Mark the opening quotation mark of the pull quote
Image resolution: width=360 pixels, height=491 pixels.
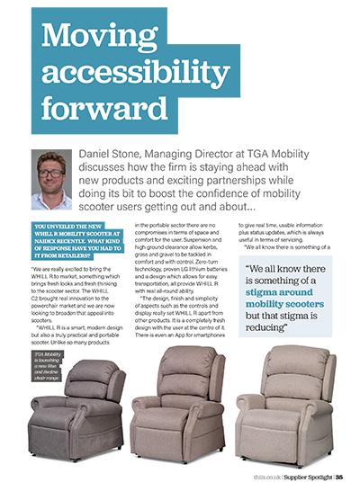(249, 268)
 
